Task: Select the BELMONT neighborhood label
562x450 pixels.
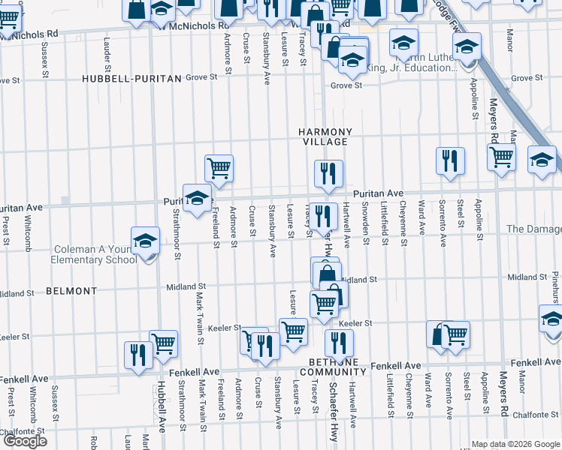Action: click(71, 290)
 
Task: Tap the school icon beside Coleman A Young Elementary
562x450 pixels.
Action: click(145, 241)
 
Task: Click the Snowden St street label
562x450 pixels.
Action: click(366, 223)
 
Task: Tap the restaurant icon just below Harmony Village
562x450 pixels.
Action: click(329, 173)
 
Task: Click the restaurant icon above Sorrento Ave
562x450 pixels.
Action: click(450, 160)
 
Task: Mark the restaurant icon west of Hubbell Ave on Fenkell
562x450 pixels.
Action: click(137, 355)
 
